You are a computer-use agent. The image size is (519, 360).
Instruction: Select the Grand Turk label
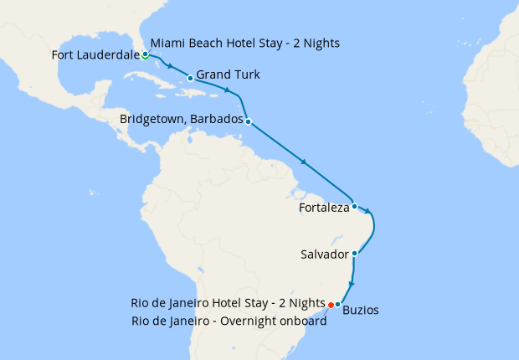pos(228,75)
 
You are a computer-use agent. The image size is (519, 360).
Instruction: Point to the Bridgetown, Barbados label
pos(181,120)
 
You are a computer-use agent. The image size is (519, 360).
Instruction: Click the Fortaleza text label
pos(323,208)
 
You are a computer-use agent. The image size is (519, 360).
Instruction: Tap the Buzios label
pos(361,310)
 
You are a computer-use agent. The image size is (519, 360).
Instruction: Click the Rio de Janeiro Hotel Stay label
pos(228,302)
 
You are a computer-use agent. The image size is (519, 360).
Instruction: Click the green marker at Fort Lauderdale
pos(145,54)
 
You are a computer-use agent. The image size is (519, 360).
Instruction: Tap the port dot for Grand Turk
pos(190,79)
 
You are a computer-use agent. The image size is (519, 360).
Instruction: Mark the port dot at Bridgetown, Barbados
pos(249,121)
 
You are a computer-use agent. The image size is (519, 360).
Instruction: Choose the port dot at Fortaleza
pos(355,206)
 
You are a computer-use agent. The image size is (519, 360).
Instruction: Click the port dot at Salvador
pos(355,253)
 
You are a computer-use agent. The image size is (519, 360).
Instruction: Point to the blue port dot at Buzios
pos(338,304)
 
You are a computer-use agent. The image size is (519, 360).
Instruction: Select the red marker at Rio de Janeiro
pos(331,304)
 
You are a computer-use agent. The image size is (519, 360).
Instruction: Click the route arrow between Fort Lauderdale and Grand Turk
pos(171,66)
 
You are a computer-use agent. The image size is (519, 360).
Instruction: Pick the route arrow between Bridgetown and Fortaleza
pos(303,162)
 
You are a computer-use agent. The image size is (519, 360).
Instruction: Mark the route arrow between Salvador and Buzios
pos(352,285)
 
